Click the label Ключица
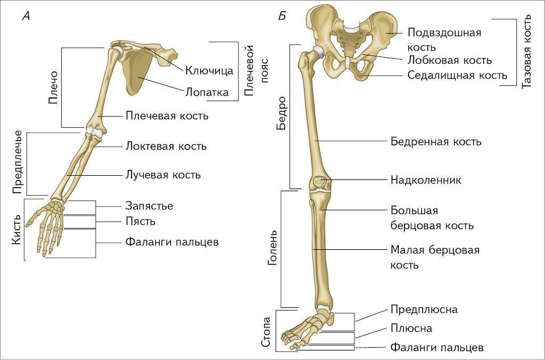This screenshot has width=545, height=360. tap(209, 70)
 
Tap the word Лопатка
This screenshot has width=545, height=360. tap(207, 92)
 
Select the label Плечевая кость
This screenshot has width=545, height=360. tap(167, 116)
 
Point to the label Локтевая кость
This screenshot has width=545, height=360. tap(166, 146)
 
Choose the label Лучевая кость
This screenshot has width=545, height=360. tap(162, 174)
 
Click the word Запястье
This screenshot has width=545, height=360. tap(149, 206)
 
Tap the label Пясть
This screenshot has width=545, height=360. tap(141, 221)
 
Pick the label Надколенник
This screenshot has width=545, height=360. tap(426, 180)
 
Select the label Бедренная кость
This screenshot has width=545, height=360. tap(436, 142)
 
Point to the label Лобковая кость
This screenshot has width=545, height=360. tap(450, 60)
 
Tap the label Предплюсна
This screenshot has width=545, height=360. tap(424, 309)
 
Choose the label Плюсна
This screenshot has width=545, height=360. tap(411, 329)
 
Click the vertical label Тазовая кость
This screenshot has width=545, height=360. tap(527, 51)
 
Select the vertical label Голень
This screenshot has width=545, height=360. tap(271, 248)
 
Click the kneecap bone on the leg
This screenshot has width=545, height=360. tap(319, 182)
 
